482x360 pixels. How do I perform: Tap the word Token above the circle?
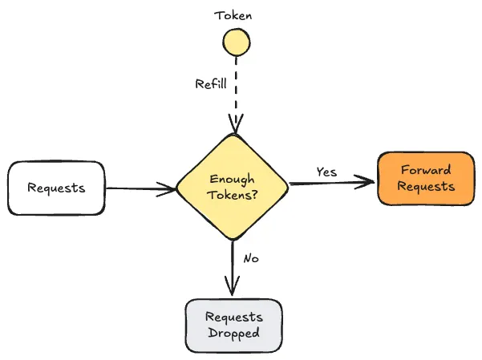(x=234, y=14)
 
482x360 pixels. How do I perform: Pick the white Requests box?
(x=56, y=188)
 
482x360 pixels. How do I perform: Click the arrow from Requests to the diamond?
(x=140, y=189)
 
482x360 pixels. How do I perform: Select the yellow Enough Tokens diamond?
(x=233, y=187)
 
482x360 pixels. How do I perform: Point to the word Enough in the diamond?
(x=233, y=179)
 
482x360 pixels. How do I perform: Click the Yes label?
(x=326, y=172)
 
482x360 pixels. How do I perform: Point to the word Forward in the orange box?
(x=425, y=170)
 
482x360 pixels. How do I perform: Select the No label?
(x=250, y=258)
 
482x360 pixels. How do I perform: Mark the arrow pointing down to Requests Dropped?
(x=233, y=265)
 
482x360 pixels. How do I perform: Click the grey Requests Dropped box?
(x=233, y=326)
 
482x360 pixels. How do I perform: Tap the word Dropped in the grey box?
(x=233, y=333)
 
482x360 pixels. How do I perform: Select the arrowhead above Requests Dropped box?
(x=233, y=289)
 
